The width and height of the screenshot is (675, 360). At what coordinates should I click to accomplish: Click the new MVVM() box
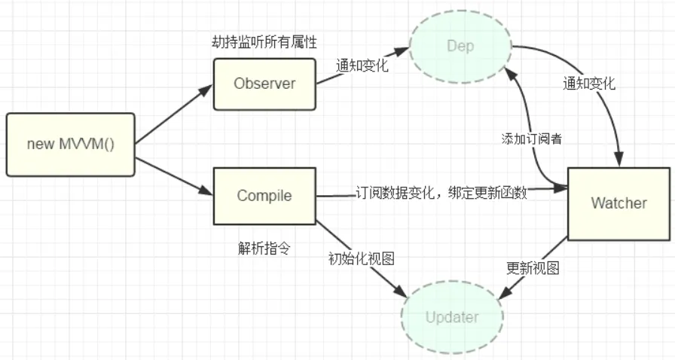[71, 143]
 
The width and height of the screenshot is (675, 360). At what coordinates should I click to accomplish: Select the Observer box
[264, 84]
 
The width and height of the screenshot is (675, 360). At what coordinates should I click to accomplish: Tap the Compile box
[264, 196]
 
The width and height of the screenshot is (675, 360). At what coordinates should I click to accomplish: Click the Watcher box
[618, 203]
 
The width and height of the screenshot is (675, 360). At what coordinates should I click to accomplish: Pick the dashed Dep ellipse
[460, 47]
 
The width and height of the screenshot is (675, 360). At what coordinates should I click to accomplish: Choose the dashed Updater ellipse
[452, 317]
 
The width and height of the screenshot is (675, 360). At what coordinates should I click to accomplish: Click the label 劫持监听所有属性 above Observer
[263, 43]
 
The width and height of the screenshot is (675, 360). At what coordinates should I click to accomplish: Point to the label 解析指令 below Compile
[264, 248]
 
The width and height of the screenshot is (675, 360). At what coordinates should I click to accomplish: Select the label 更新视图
[533, 268]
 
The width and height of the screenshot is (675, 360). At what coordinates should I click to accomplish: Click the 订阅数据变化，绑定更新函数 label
[441, 193]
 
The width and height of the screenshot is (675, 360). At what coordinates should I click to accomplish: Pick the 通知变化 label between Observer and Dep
[362, 66]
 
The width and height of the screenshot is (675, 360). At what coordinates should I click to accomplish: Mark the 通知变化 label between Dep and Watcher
[589, 84]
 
